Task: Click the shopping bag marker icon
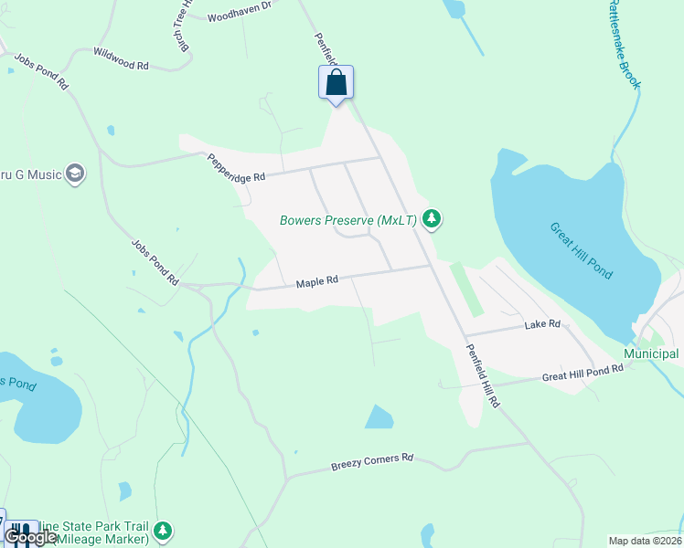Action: click(x=336, y=82)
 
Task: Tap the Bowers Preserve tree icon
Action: click(x=432, y=219)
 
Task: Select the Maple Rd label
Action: click(x=317, y=282)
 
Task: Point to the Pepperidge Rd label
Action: click(x=235, y=166)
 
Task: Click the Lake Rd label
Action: click(x=541, y=324)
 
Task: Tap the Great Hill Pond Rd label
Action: click(x=582, y=372)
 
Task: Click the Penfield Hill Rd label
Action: click(x=482, y=374)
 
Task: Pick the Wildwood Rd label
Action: click(x=121, y=58)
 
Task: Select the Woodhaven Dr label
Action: click(x=240, y=11)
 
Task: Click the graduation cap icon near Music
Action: click(x=75, y=174)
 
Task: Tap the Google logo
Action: click(x=29, y=536)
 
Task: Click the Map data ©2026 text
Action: click(x=645, y=541)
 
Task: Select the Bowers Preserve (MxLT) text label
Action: click(x=348, y=220)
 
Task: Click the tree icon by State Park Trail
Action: click(x=163, y=530)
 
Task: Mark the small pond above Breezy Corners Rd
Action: click(x=379, y=417)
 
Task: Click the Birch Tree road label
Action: click(x=182, y=27)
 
